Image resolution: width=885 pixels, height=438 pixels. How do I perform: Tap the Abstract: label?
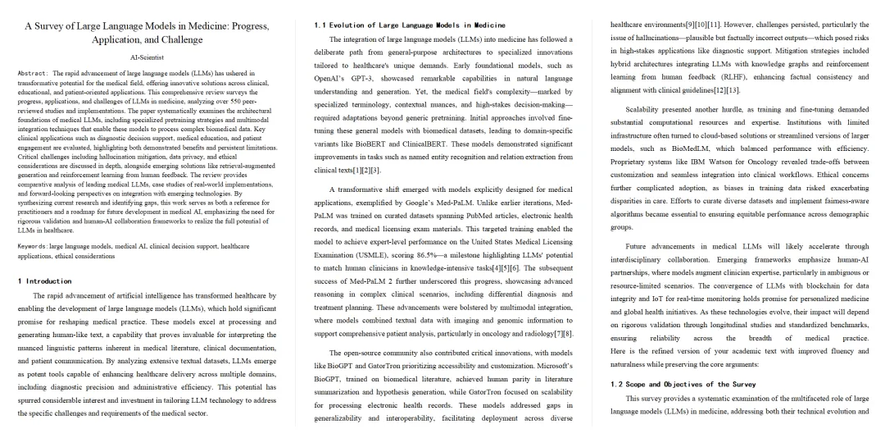(33, 73)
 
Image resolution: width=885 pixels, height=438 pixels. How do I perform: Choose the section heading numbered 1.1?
(410, 25)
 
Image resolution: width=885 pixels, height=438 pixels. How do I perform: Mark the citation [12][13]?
(719, 89)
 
